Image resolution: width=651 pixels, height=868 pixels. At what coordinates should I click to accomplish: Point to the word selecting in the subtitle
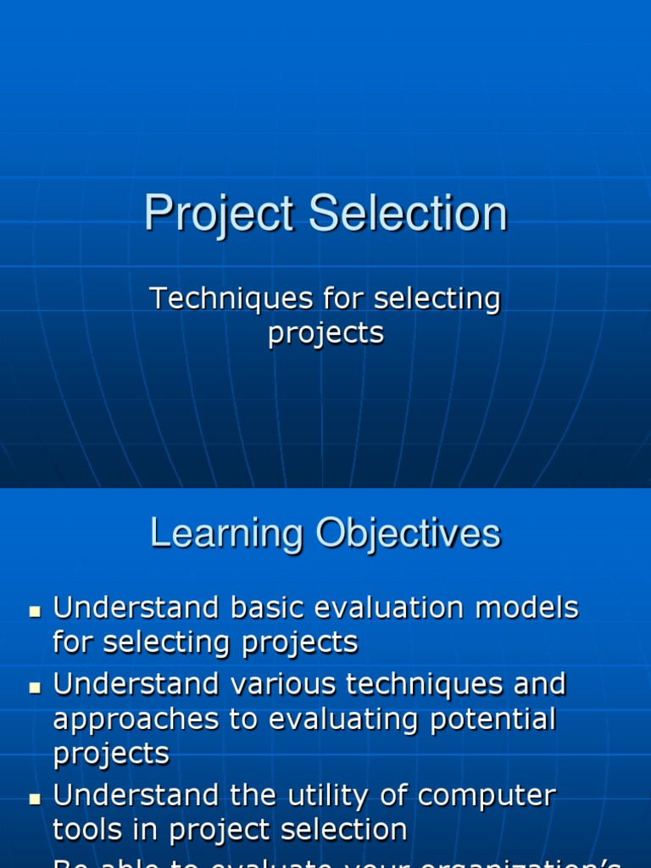coord(437,300)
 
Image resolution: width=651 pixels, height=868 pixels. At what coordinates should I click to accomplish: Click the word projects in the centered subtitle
coord(325,333)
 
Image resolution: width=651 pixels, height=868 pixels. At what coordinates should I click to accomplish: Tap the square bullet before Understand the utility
coord(35,798)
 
